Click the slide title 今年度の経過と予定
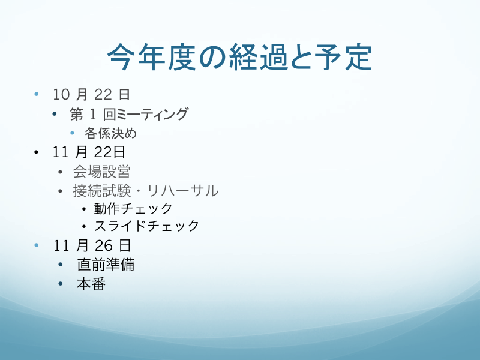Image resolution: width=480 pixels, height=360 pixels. point(239,57)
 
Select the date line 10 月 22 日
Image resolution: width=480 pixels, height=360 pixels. point(92,94)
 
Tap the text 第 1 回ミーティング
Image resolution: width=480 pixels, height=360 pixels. point(129,114)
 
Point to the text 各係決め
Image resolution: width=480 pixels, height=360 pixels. point(110,133)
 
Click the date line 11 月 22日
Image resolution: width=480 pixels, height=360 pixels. point(89,152)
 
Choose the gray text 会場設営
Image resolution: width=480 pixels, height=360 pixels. point(101,172)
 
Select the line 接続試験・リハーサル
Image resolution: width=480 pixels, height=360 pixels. point(146,191)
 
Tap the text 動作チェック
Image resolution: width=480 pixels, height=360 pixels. point(133,209)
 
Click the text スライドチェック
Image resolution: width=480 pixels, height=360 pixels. point(146,226)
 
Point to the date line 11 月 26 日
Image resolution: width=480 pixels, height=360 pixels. point(92,245)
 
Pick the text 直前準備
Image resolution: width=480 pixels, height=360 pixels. point(106,265)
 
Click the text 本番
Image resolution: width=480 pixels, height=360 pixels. point(91,284)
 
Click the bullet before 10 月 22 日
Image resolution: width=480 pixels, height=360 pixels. point(37,94)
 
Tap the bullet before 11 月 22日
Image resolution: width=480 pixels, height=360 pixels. point(37,152)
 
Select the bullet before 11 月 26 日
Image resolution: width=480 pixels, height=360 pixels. point(37,245)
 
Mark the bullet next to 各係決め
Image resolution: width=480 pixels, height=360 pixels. point(72,133)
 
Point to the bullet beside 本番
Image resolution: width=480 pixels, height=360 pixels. point(61,283)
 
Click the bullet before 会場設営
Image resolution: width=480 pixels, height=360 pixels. point(61,172)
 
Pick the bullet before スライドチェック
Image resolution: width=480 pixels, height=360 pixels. point(84,227)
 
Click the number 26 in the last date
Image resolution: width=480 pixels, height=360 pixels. point(103,245)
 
